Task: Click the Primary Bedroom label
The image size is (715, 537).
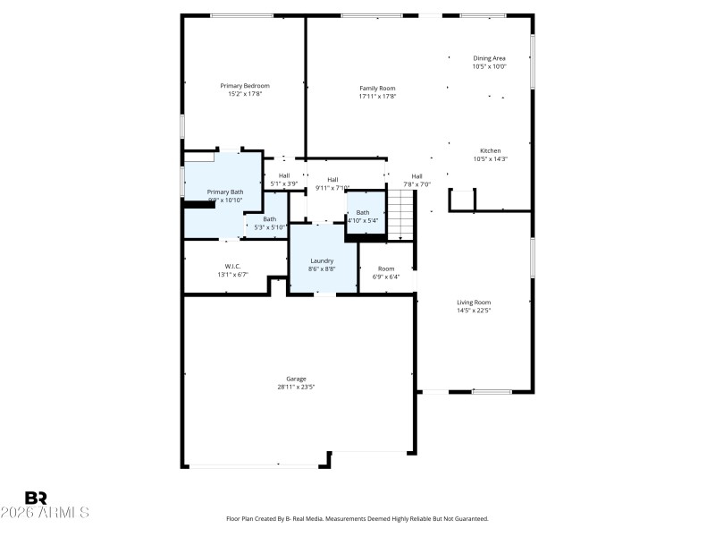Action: [245, 86]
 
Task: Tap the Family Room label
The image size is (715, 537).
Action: [377, 88]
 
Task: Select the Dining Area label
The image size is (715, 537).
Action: [489, 58]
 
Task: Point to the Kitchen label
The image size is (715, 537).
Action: [490, 150]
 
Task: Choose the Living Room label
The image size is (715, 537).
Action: [474, 303]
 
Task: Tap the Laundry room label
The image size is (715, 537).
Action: [322, 260]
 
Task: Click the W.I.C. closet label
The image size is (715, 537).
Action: [232, 266]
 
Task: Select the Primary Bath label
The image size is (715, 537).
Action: [224, 192]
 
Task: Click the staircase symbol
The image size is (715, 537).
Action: [401, 215]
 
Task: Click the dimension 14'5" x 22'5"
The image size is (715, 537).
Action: [474, 311]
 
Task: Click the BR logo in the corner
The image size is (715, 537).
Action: [36, 498]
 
